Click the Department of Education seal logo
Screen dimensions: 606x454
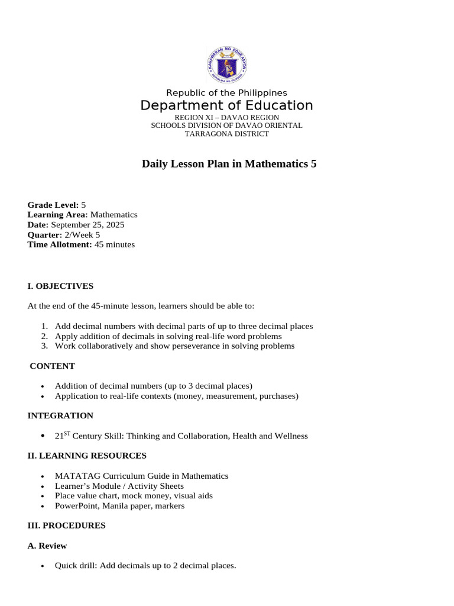pyautogui.click(x=226, y=65)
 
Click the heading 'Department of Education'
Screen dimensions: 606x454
pyautogui.click(x=226, y=106)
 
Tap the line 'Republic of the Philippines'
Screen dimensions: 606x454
pyautogui.click(x=226, y=93)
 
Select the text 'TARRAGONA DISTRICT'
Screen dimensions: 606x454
pyautogui.click(x=226, y=134)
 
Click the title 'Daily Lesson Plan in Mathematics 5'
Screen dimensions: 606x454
pyautogui.click(x=229, y=164)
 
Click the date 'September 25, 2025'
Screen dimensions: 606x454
pyautogui.click(x=87, y=224)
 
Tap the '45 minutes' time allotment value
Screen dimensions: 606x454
pyautogui.click(x=115, y=244)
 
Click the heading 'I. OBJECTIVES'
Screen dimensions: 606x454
pyautogui.click(x=60, y=286)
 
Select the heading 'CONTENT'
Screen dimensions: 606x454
pyautogui.click(x=53, y=366)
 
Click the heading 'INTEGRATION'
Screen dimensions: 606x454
pyautogui.click(x=60, y=415)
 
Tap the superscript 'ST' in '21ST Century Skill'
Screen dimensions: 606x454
pyautogui.click(x=67, y=434)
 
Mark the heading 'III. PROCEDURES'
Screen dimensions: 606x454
pyautogui.click(x=66, y=526)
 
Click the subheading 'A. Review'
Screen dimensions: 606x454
pyautogui.click(x=47, y=546)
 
